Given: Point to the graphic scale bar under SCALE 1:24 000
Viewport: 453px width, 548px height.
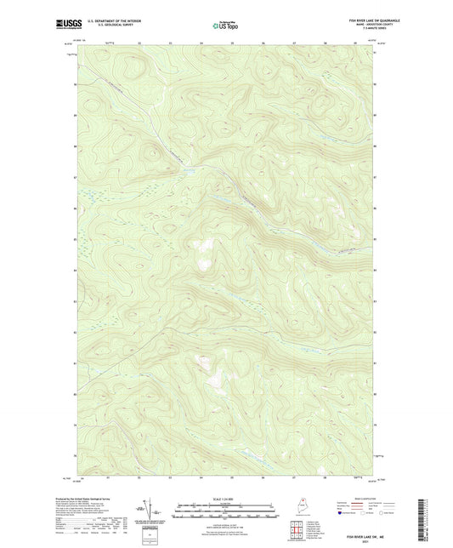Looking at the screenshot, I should coord(225,512).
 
